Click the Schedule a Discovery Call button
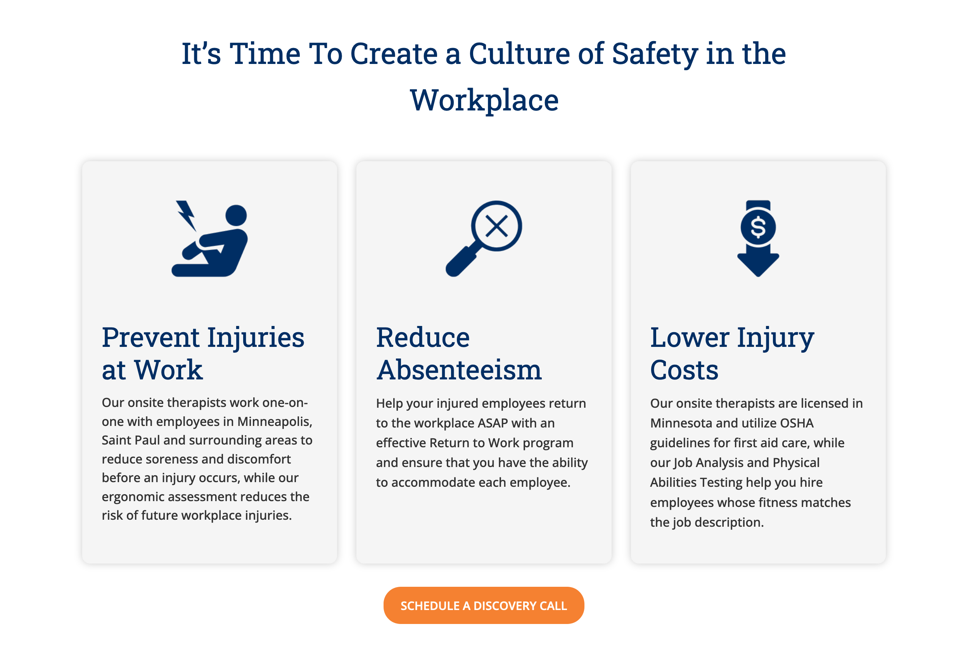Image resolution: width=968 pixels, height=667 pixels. [x=483, y=605]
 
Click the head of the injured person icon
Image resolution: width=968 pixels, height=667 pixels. [x=236, y=215]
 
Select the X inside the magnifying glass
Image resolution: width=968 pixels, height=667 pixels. [x=496, y=226]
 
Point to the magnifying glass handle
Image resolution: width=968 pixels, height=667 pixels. [x=460, y=262]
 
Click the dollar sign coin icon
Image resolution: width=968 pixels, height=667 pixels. [x=758, y=228]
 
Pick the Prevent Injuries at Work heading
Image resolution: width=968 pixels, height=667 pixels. [x=203, y=353]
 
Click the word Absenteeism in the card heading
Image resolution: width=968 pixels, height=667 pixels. [x=459, y=370]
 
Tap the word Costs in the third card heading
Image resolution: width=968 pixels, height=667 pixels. [x=684, y=370]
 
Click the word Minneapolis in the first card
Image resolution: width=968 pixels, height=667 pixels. [x=274, y=421]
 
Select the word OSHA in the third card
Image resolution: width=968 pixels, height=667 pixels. [x=797, y=423]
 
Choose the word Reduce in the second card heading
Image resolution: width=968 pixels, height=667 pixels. [x=423, y=337]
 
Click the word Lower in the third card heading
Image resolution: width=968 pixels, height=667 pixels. [x=690, y=337]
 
